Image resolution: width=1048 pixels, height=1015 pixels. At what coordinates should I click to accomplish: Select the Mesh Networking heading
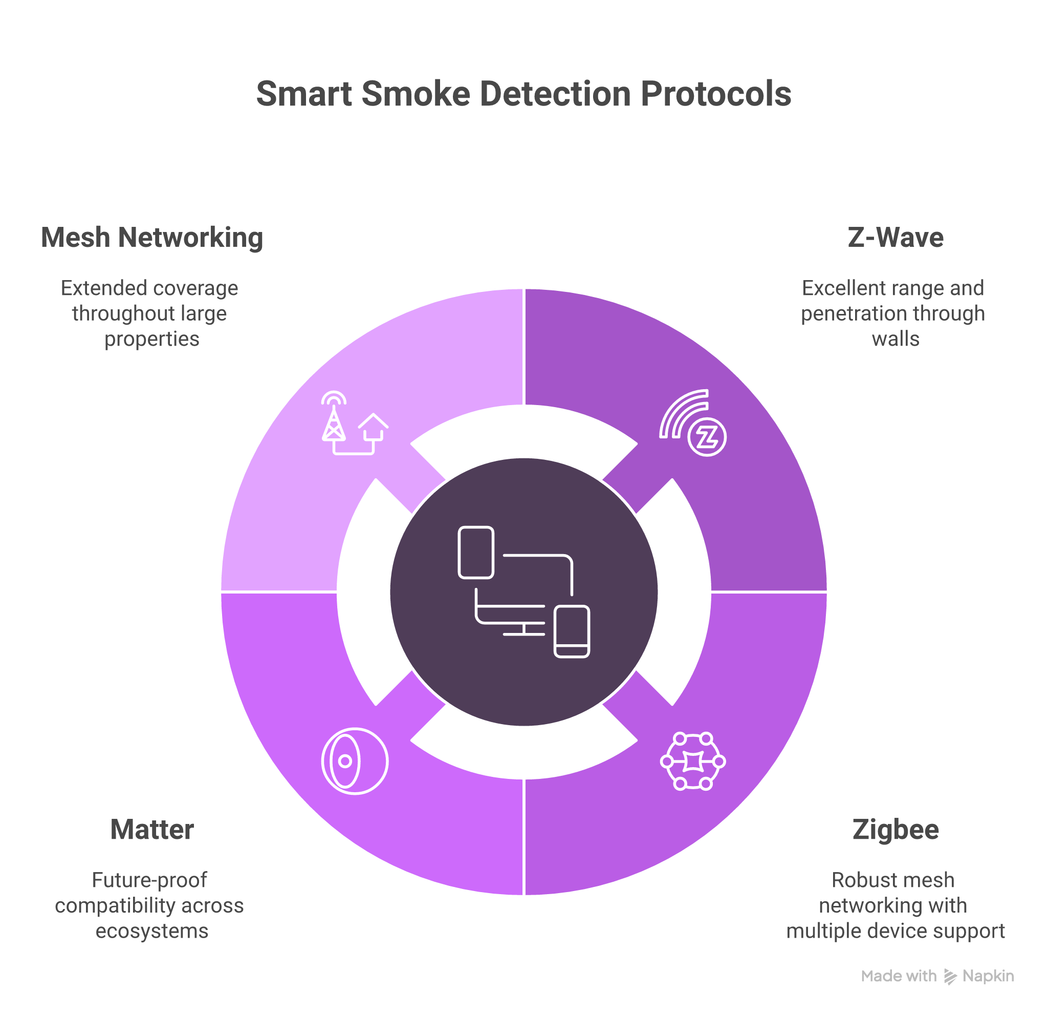(x=152, y=238)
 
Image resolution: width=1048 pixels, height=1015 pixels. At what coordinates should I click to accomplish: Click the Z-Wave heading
(x=895, y=238)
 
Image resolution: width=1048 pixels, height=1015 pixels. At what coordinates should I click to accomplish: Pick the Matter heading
(x=152, y=830)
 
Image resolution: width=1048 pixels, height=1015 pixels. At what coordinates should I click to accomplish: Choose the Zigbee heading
(x=895, y=830)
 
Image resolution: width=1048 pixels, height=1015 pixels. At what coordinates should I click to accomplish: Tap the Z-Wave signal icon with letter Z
(x=693, y=422)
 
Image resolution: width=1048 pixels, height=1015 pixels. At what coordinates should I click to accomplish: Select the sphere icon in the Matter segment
(x=355, y=761)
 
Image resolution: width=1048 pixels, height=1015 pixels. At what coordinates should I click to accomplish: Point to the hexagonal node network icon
(x=693, y=761)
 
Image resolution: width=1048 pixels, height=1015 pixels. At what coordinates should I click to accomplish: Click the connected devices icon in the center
(x=524, y=593)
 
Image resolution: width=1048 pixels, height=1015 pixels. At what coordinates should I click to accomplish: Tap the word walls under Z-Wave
(x=896, y=339)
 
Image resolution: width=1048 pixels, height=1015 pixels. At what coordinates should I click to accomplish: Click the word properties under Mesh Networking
(x=152, y=339)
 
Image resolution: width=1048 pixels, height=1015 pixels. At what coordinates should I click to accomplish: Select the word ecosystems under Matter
(x=152, y=931)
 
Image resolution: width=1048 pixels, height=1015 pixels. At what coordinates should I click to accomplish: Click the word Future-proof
(x=149, y=880)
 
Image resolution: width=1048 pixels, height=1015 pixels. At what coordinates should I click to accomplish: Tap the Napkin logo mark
(x=950, y=977)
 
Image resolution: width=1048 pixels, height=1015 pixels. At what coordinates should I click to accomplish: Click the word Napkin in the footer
(x=988, y=977)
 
